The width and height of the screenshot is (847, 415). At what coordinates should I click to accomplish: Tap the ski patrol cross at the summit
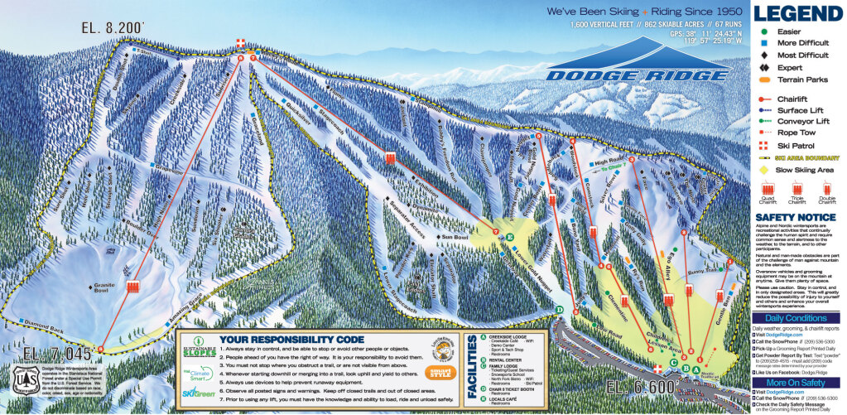pos(241,42)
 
